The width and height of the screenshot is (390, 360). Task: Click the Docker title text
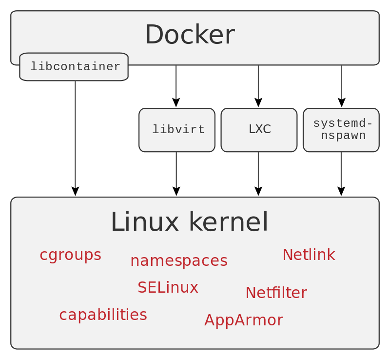tap(190, 35)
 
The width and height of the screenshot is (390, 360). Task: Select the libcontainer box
tap(74, 67)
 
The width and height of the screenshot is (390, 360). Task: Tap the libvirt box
tap(177, 130)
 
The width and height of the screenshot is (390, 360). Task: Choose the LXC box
tap(259, 130)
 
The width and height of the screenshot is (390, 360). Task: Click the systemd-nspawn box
tap(341, 130)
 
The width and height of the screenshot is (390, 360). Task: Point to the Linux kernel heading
tap(189, 222)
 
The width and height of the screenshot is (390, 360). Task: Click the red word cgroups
tap(70, 255)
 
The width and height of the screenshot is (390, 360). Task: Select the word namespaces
tap(178, 260)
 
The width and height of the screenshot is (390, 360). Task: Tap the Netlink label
tap(309, 255)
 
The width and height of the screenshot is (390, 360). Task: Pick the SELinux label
tap(168, 287)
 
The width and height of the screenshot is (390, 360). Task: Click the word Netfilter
tap(276, 293)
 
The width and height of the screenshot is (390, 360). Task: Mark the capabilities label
tap(103, 315)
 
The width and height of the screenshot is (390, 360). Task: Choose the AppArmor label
tap(243, 320)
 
